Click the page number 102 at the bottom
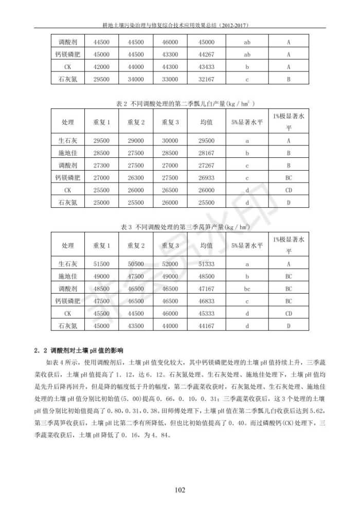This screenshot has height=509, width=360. tap(179, 490)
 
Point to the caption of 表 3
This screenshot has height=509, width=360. tap(179, 227)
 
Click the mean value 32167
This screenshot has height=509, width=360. tap(206, 79)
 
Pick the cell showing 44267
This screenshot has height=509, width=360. tap(206, 54)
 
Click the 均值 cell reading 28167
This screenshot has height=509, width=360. tap(206, 153)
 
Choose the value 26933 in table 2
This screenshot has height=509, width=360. tap(206, 178)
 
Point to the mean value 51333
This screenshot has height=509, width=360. tap(206, 264)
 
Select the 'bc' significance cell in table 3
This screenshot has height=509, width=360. tap(247, 289)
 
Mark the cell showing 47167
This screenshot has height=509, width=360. tap(206, 289)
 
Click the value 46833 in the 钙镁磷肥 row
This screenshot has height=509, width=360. tap(206, 301)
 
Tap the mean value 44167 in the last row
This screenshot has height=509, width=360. tap(206, 326)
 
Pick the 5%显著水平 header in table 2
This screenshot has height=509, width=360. tap(247, 122)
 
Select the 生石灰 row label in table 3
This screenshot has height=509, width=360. tap(67, 264)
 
